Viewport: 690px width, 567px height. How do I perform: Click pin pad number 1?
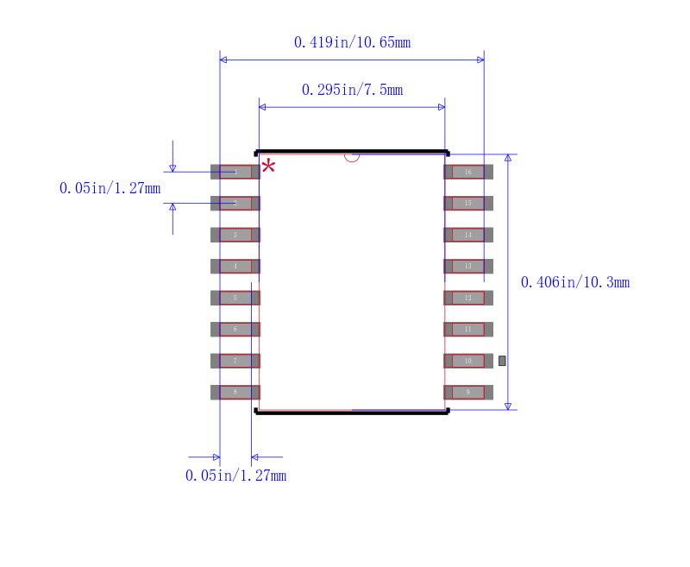tap(235, 172)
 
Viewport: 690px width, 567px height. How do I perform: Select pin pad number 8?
tap(235, 392)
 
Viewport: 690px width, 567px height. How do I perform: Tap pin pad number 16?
tap(468, 172)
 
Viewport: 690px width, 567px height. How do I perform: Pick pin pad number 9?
tap(468, 392)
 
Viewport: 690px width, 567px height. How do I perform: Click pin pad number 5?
tap(235, 298)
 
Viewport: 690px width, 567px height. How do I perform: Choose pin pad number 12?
tap(468, 298)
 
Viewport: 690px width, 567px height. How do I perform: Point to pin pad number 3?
tap(235, 235)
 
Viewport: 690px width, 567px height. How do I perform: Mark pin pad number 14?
tap(468, 235)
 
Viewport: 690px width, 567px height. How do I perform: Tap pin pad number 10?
tap(468, 361)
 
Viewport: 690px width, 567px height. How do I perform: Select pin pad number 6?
tap(235, 329)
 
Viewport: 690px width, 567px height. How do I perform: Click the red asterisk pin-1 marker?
tap(268, 166)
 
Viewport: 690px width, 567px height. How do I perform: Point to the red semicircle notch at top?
tap(352, 157)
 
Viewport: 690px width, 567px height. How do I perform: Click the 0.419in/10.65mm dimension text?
tap(352, 41)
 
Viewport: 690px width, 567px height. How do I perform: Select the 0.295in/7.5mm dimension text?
tap(352, 90)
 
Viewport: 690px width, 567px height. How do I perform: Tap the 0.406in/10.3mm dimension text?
tap(575, 282)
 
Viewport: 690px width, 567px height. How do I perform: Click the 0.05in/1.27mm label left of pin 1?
tap(110, 188)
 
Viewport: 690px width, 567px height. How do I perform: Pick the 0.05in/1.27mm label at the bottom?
tap(235, 476)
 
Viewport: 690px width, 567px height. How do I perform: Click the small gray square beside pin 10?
tap(502, 361)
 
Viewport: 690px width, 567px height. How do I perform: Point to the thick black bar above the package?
tap(352, 151)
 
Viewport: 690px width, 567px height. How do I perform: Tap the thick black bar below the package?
tap(352, 413)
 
